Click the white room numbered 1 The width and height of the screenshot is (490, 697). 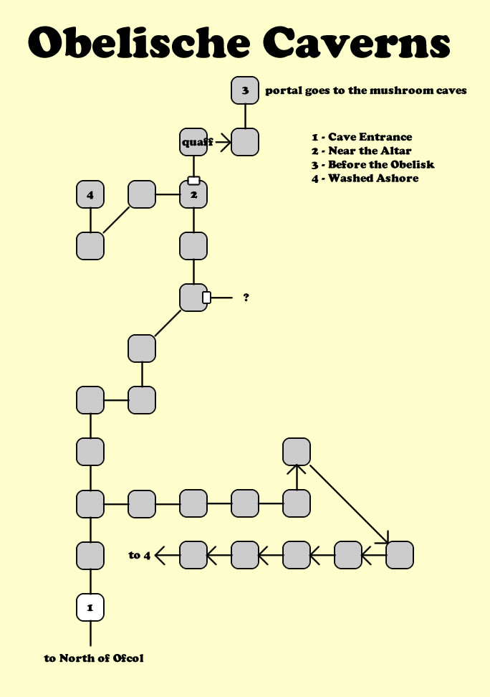coord(90,607)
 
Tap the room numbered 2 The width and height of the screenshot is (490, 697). coord(193,194)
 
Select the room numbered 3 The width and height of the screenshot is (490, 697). coord(245,90)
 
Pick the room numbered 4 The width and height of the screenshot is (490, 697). coord(90,194)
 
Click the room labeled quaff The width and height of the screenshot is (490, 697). coord(193,142)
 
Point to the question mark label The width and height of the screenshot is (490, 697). coord(246,297)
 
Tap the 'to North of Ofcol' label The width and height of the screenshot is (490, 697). coord(94,658)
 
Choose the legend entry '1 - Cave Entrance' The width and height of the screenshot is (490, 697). coord(362,136)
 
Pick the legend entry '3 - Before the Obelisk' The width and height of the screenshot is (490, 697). coord(373,164)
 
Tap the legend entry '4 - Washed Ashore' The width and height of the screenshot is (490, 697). coord(365,178)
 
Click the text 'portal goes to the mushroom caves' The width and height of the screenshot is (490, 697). coord(366,91)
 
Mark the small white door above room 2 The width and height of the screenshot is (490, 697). coord(193,181)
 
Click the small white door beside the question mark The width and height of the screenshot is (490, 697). coord(206,297)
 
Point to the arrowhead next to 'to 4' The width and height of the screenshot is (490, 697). coord(160,555)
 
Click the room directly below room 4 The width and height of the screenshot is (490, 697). coord(90,245)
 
